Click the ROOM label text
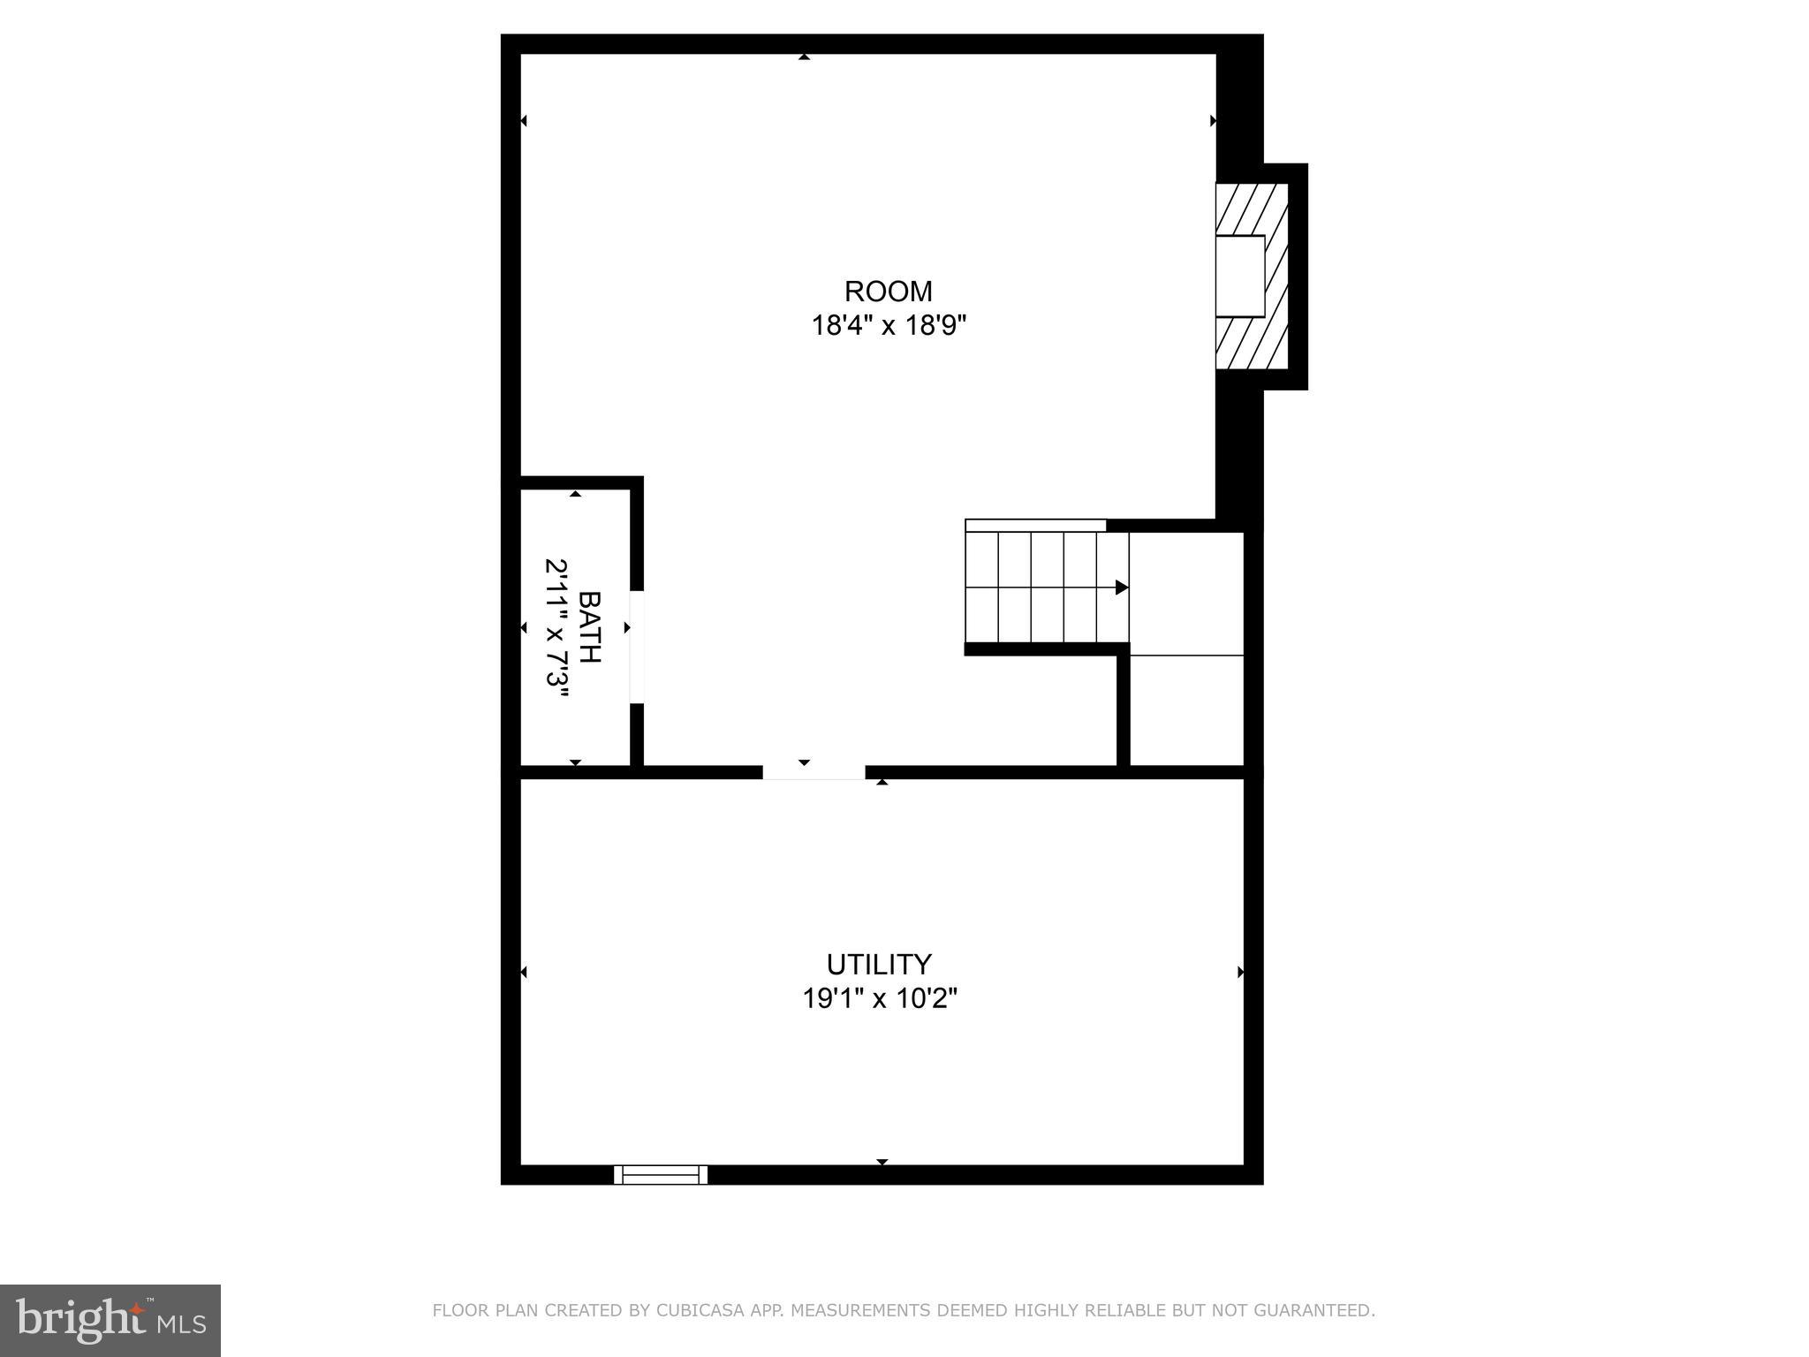(888, 291)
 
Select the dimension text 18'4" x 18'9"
(889, 326)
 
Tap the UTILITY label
(879, 963)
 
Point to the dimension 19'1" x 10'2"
(880, 999)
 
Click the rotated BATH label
(589, 627)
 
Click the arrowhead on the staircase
(1121, 587)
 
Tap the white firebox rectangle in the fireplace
(1240, 276)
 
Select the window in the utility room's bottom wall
(661, 1174)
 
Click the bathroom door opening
(637, 647)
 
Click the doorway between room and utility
(814, 772)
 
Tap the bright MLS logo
(110, 1320)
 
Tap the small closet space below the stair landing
(1186, 710)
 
